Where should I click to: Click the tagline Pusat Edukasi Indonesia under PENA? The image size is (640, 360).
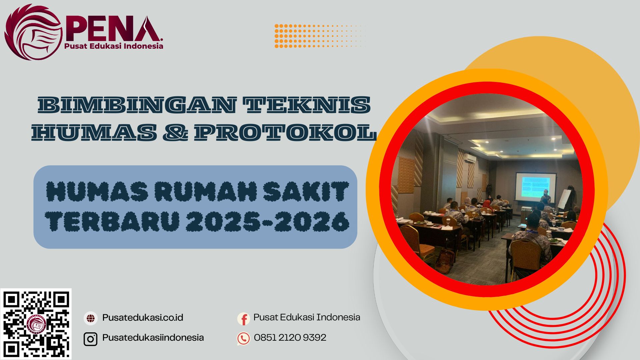pos(114,46)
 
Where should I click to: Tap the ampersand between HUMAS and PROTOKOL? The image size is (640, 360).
pos(175,132)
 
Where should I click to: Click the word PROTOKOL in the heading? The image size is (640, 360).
pos(285,132)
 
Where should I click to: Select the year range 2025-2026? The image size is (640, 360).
pos(268,221)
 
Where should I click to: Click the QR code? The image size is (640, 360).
pos(36,324)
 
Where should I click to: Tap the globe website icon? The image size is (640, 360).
pos(90,318)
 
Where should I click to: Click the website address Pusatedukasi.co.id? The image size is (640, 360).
pos(143,318)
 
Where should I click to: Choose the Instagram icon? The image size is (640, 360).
pos(90,339)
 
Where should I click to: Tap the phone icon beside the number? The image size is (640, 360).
pos(243,339)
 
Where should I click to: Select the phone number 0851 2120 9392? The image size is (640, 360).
pos(290,338)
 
